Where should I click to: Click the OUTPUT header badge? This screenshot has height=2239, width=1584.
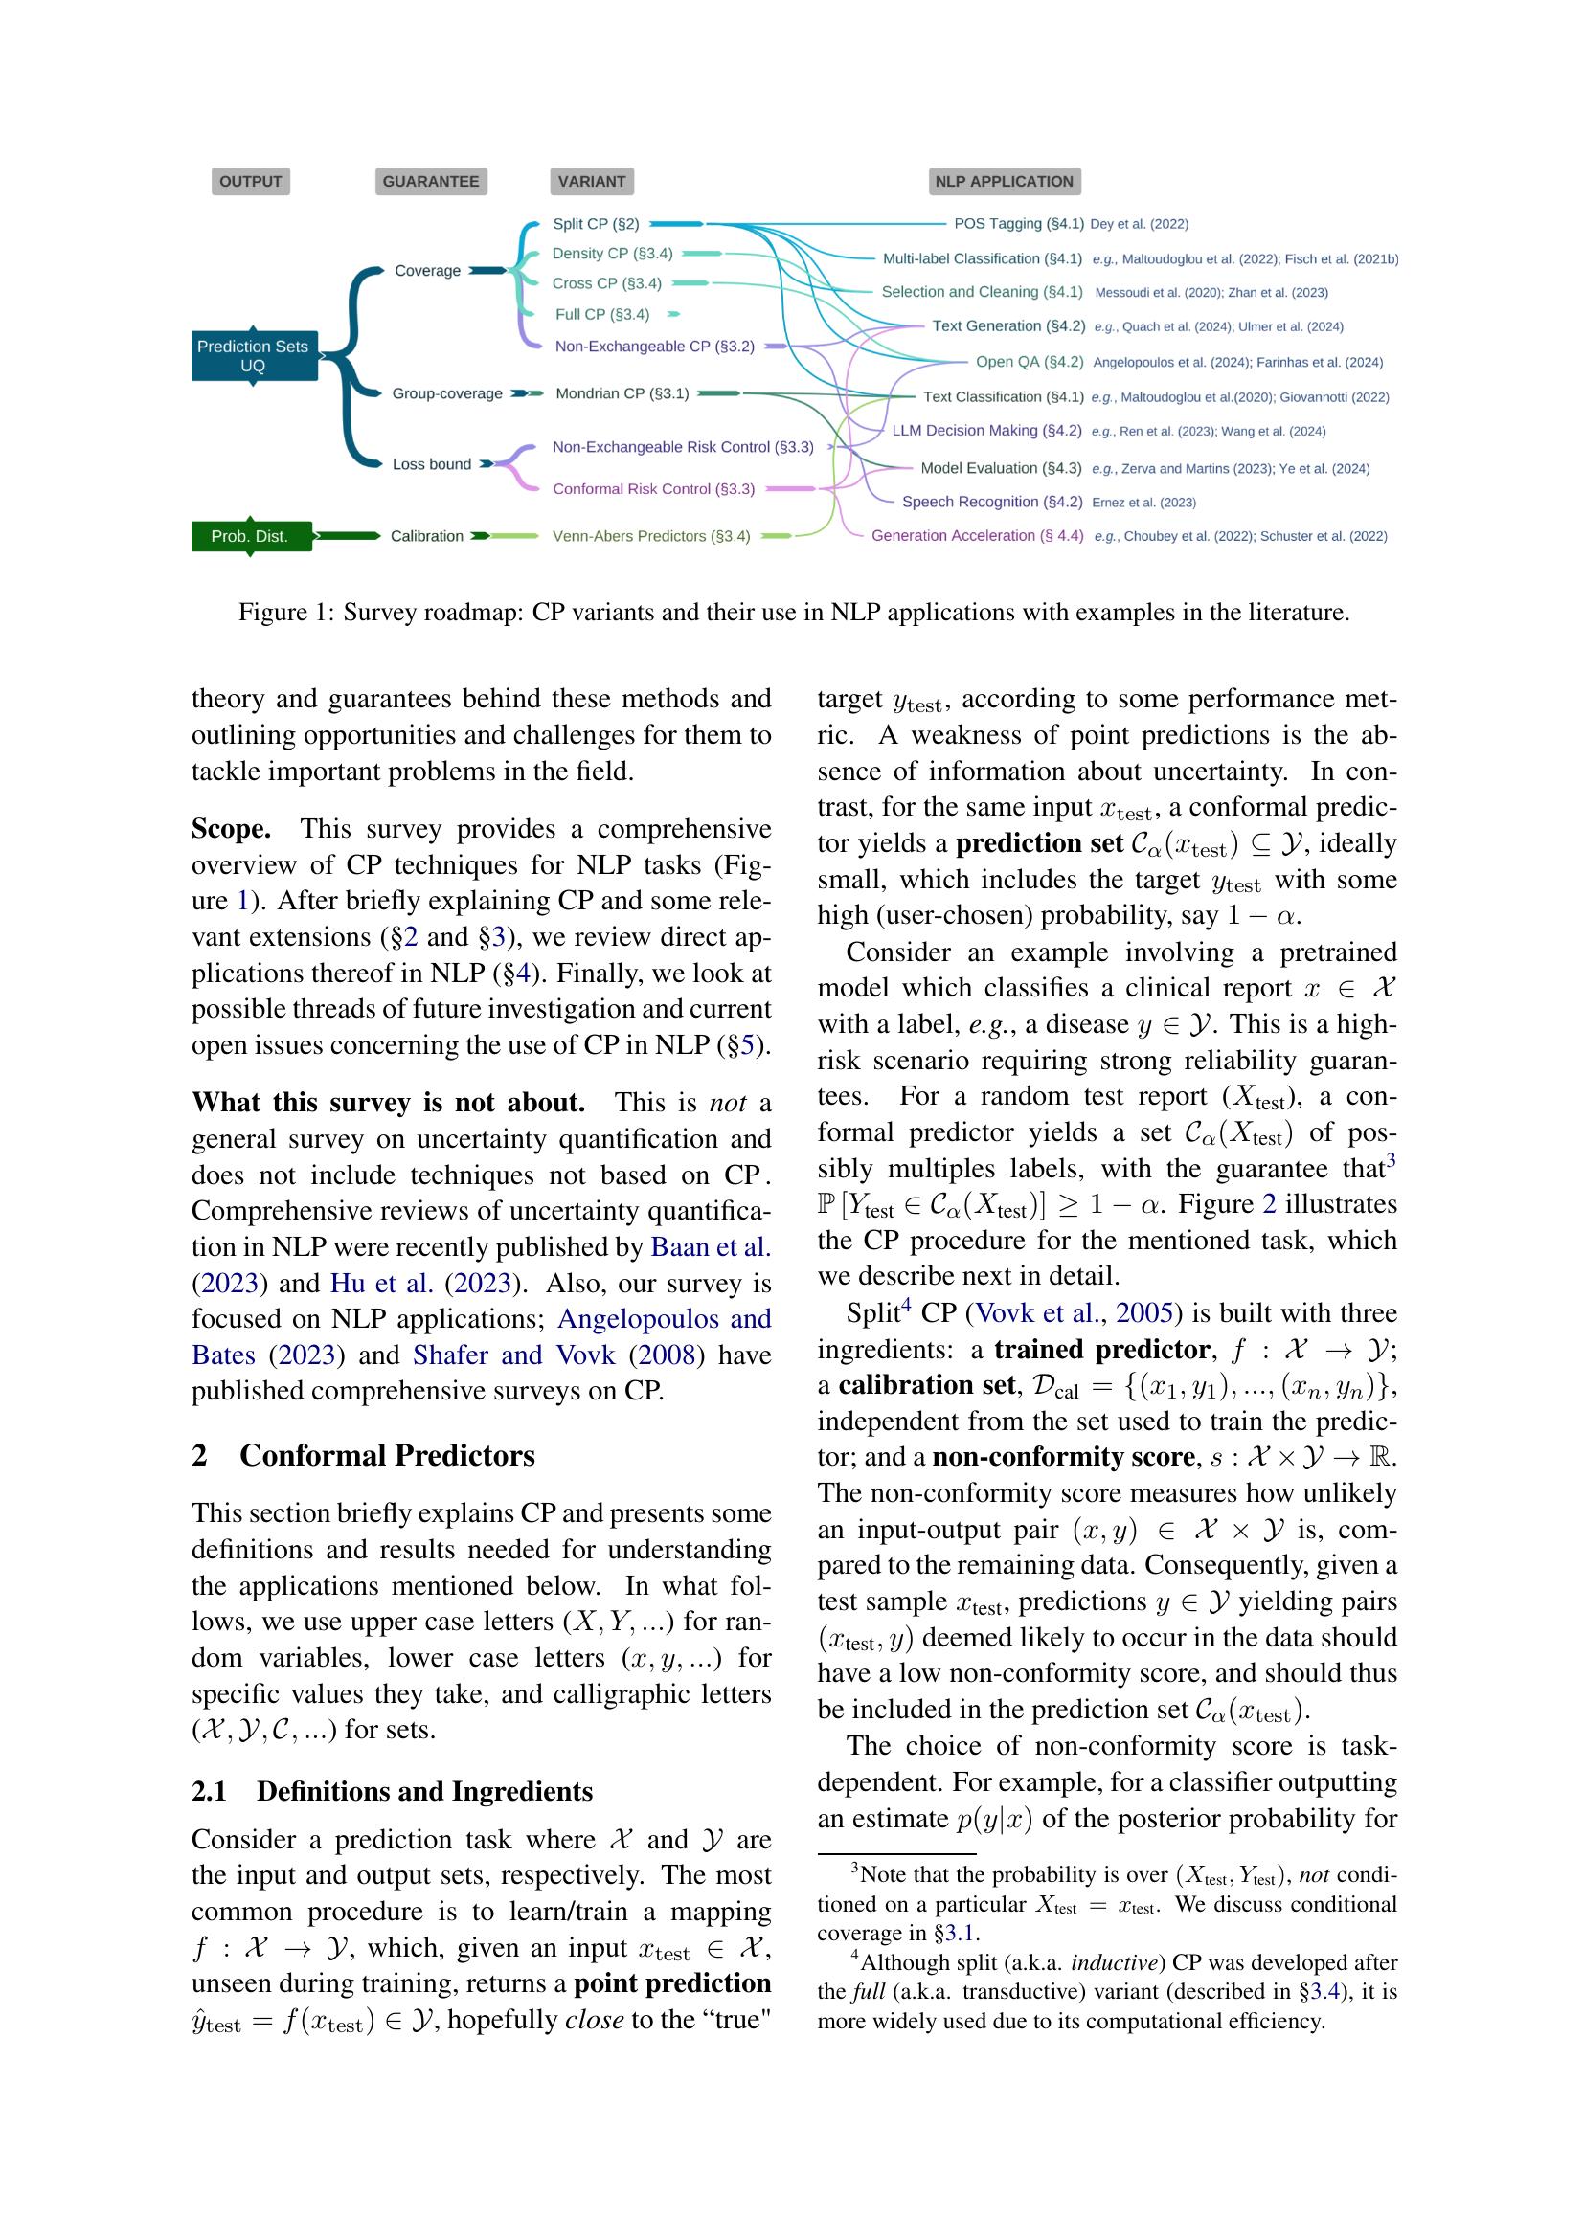click(x=251, y=181)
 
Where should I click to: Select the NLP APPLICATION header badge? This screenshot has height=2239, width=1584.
click(x=1004, y=181)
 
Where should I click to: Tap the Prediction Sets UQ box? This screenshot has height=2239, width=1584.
click(x=254, y=356)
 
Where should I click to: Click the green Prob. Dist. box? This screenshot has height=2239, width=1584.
click(x=251, y=536)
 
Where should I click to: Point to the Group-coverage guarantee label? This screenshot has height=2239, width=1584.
click(x=446, y=394)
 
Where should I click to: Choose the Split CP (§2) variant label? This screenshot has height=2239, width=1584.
click(x=596, y=224)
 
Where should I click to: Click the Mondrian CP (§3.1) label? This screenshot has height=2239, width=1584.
click(x=622, y=394)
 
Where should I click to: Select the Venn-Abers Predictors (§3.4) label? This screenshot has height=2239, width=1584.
click(x=651, y=536)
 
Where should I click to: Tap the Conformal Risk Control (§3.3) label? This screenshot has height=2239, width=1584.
click(x=653, y=489)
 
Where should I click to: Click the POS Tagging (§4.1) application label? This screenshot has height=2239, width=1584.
click(x=1018, y=224)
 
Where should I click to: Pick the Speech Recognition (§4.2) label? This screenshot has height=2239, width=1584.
click(x=992, y=503)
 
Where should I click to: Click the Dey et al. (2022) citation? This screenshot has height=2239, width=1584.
click(x=1140, y=224)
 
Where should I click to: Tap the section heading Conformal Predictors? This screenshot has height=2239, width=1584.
click(x=387, y=1456)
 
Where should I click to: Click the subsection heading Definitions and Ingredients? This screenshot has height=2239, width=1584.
click(x=424, y=1791)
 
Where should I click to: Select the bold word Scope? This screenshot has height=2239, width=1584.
click(x=231, y=829)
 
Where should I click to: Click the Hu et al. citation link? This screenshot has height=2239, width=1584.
click(x=382, y=1284)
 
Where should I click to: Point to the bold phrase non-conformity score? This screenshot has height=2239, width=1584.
click(x=1062, y=1457)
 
